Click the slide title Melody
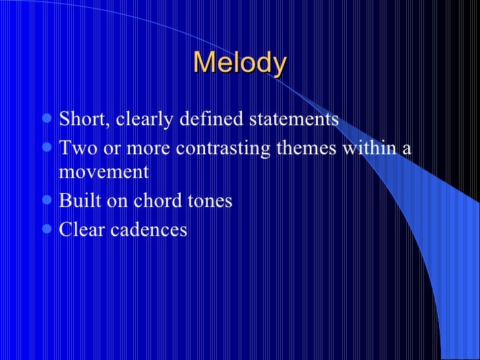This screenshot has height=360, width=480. point(240,63)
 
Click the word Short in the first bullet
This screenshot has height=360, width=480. point(84,120)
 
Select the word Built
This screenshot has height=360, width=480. point(78,200)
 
